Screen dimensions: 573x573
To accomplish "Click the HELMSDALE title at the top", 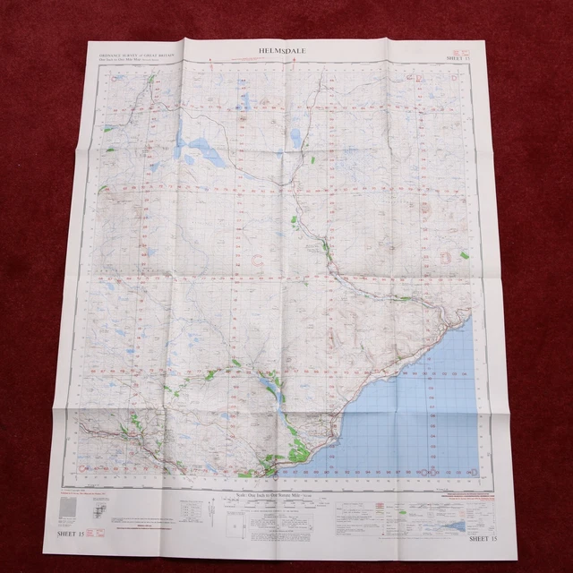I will pyautogui.click(x=284, y=52).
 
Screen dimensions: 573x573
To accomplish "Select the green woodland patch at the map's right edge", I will pyautogui.click(x=464, y=256).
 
